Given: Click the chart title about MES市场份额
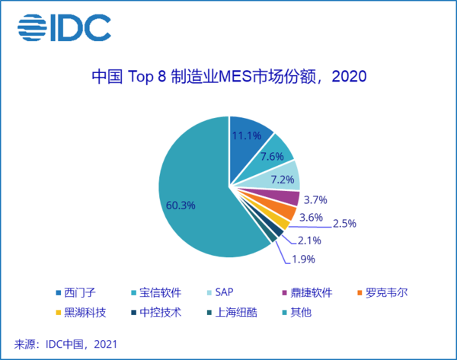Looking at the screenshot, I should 228,77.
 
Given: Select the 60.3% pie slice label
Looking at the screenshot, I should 181,205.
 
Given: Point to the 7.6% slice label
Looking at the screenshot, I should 272,156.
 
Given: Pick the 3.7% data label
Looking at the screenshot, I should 315,200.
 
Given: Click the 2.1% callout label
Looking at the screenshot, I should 308,241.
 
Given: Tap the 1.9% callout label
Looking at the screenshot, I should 305,258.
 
